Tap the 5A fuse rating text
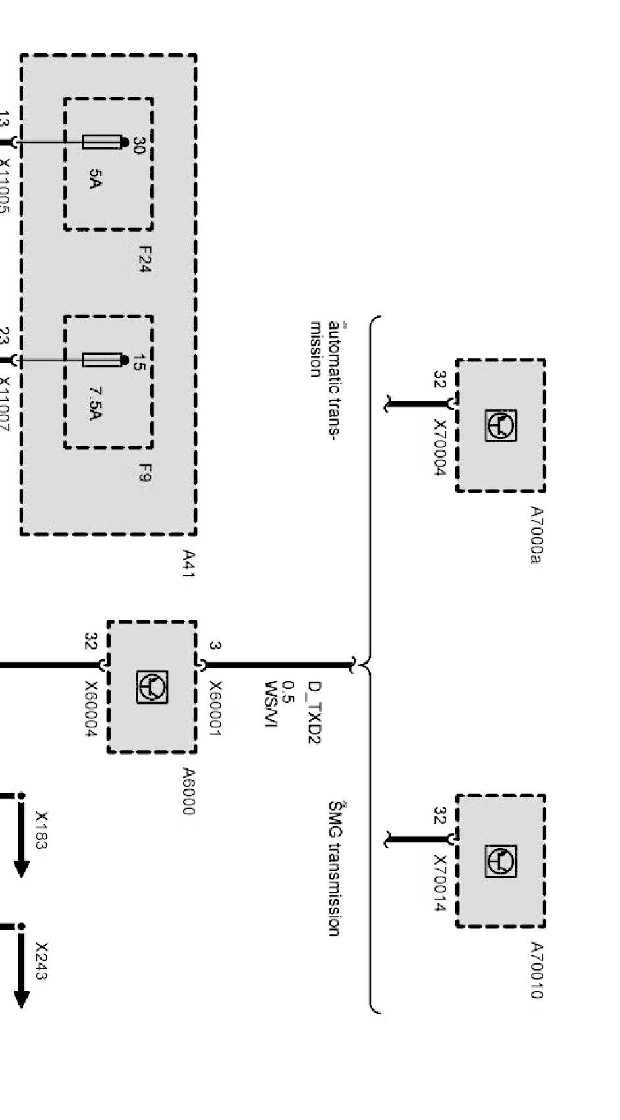click(95, 178)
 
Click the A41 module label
click(188, 564)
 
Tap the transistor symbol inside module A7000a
click(501, 425)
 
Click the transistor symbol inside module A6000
click(152, 687)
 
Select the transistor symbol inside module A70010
click(501, 861)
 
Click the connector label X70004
click(440, 448)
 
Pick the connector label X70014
click(440, 884)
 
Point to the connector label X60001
click(215, 708)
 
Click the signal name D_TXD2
click(314, 712)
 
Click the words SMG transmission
click(335, 868)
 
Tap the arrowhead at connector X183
click(21, 868)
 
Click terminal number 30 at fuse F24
click(139, 145)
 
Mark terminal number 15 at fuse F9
click(139, 362)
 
